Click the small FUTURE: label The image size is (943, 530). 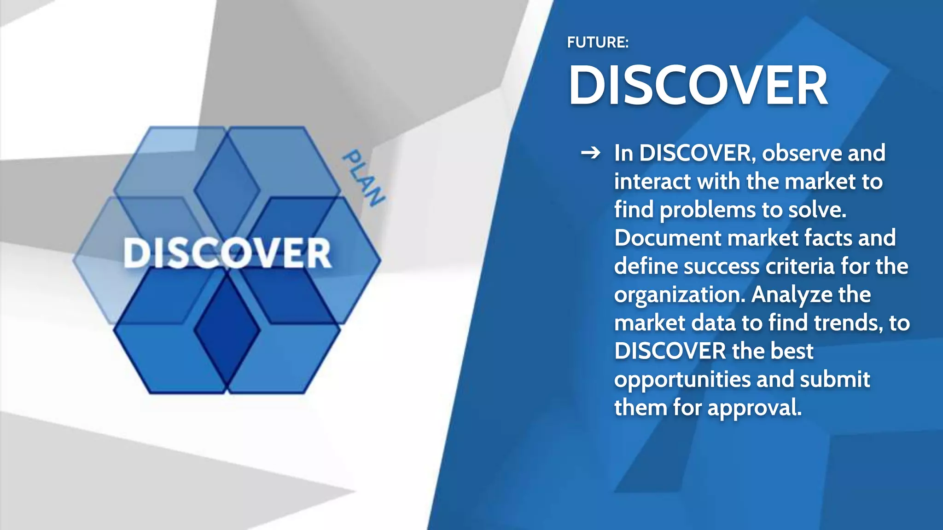click(597, 42)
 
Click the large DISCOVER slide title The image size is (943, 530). click(698, 86)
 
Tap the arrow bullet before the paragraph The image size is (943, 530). click(591, 153)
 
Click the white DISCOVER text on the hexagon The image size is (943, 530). click(227, 253)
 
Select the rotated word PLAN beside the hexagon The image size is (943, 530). click(363, 178)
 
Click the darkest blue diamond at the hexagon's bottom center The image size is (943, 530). click(227, 329)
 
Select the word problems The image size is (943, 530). click(707, 210)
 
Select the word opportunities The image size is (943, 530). click(682, 380)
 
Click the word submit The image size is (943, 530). click(835, 380)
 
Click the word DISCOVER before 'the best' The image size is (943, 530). click(669, 351)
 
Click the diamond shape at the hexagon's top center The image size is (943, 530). click(227, 189)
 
